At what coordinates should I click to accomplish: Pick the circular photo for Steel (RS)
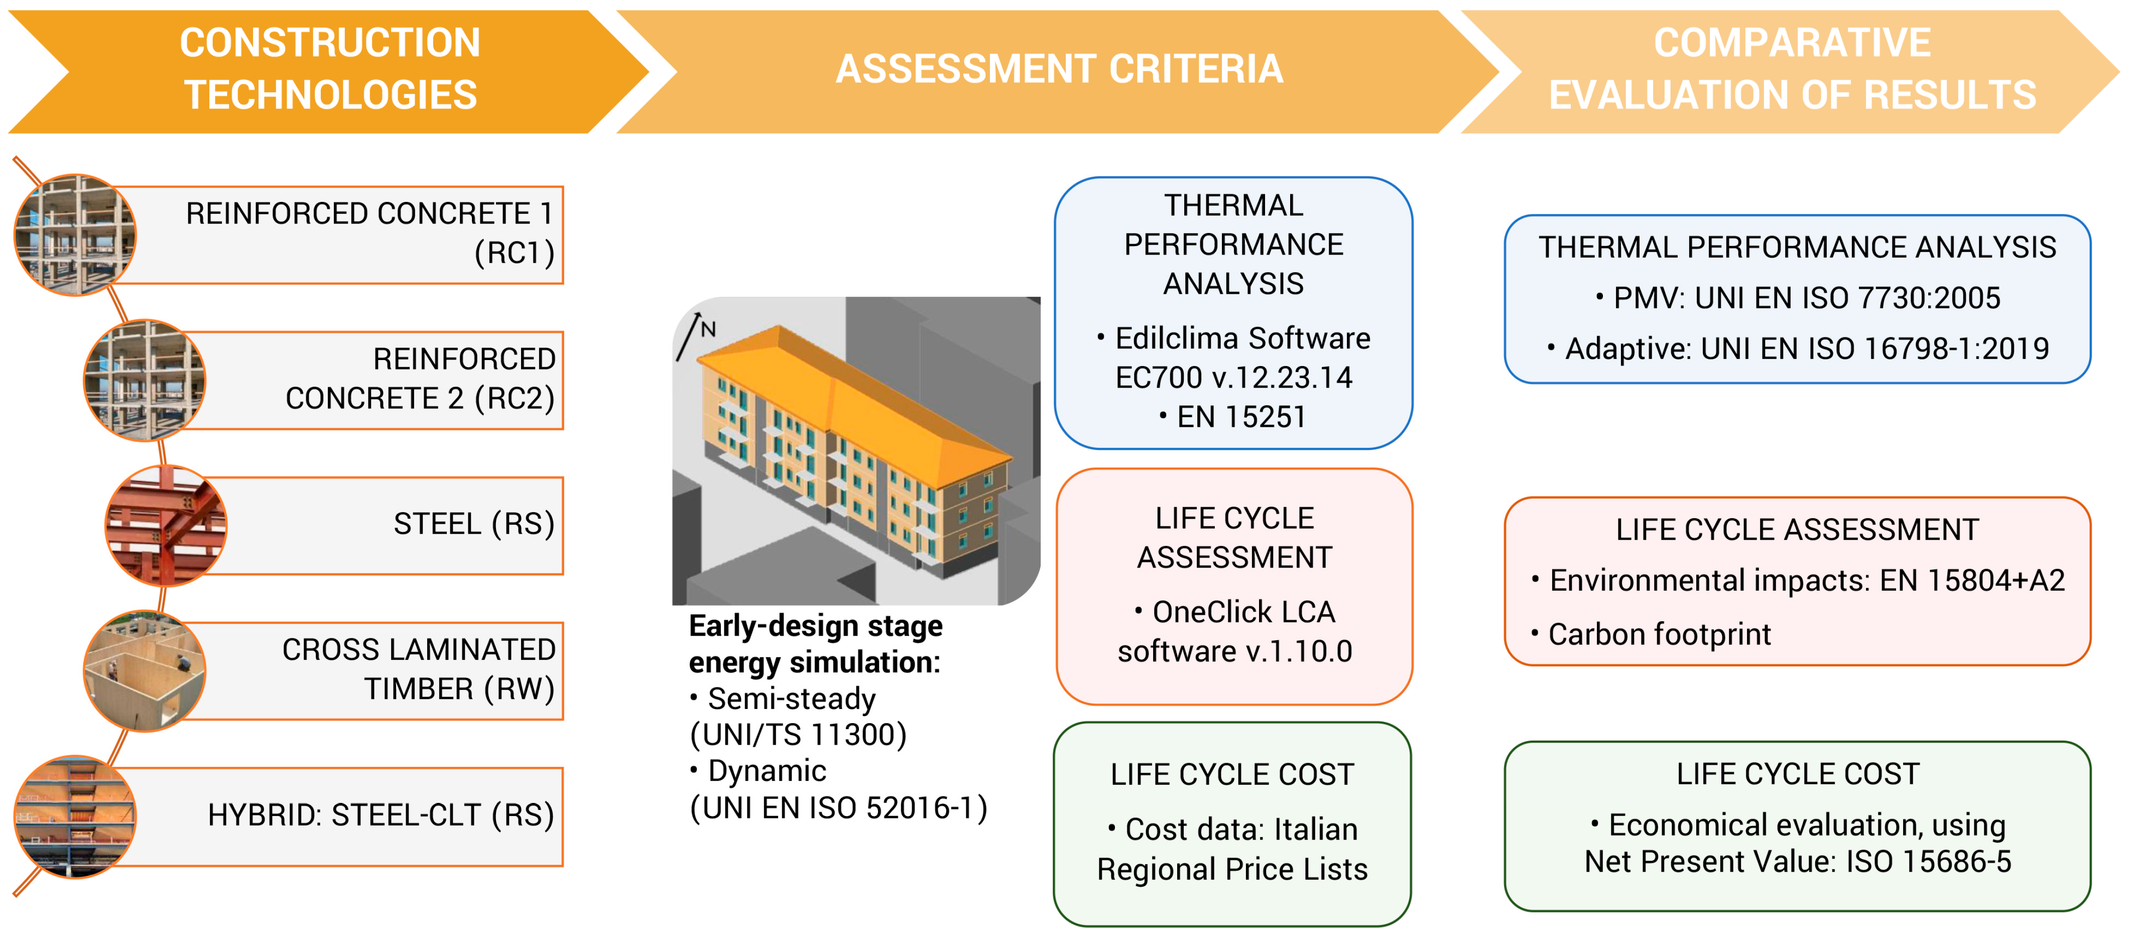click(165, 526)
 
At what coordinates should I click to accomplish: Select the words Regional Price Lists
click(1232, 870)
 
